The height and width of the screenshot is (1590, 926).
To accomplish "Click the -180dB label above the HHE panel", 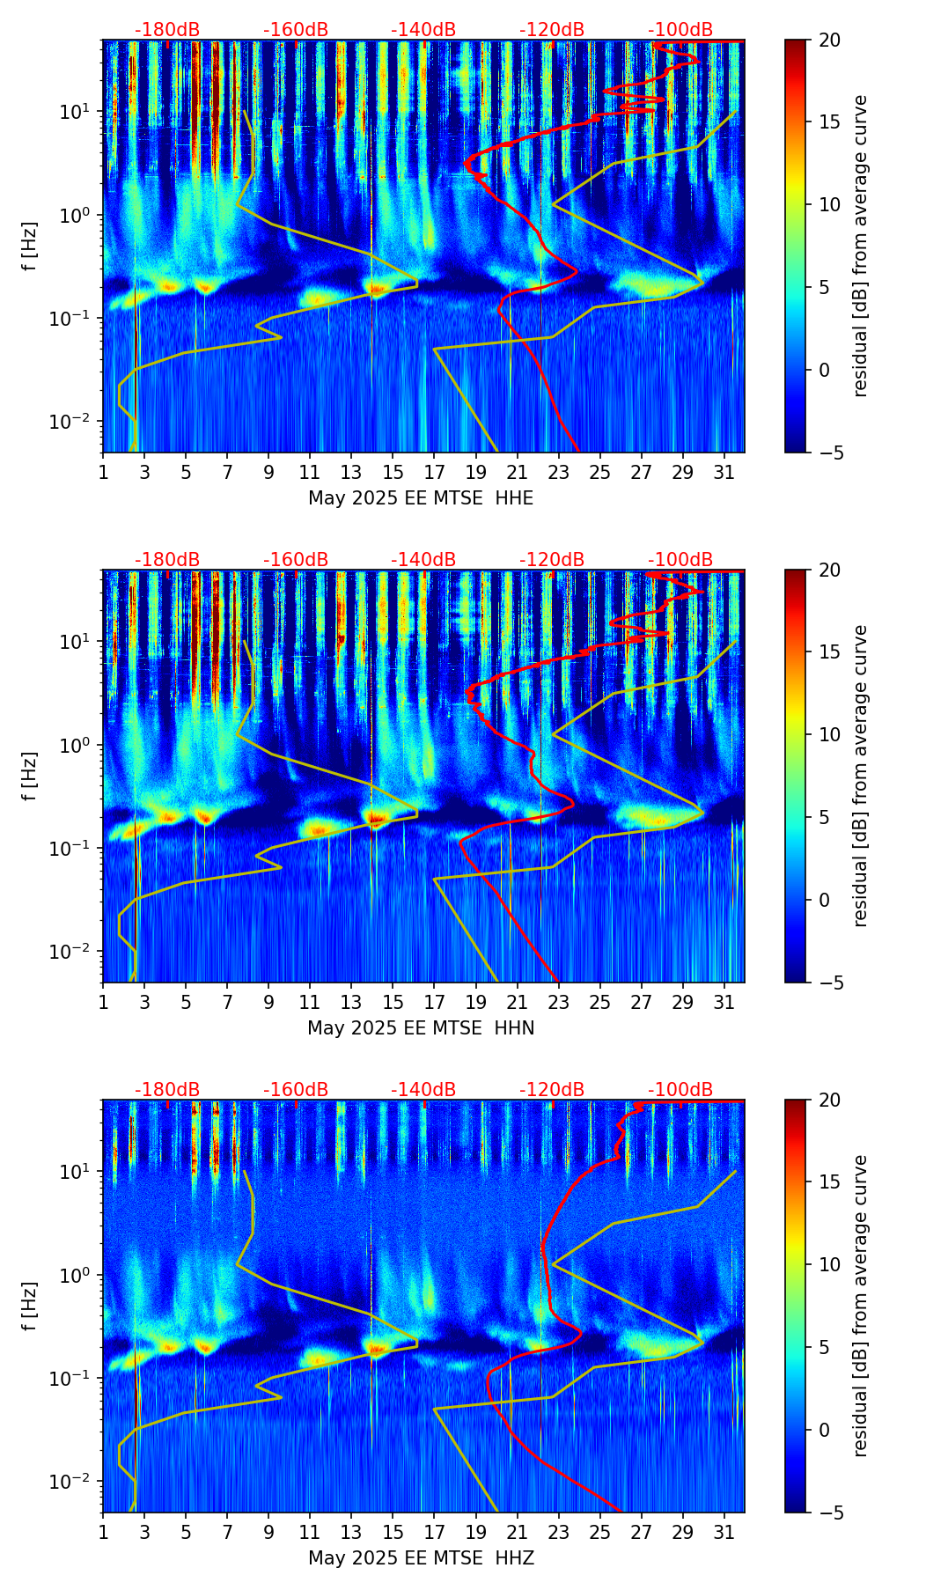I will click(167, 30).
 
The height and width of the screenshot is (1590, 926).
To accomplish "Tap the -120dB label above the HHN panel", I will click(552, 560).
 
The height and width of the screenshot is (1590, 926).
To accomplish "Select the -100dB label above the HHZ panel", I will click(680, 1090).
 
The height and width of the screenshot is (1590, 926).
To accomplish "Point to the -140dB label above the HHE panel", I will click(423, 30).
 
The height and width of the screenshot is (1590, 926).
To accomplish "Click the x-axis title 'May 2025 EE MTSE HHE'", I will click(421, 498).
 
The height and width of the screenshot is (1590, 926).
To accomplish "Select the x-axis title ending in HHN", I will click(421, 1028).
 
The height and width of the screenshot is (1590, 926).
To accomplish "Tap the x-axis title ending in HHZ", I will click(421, 1558).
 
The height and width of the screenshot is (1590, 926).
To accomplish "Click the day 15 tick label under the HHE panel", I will click(393, 473).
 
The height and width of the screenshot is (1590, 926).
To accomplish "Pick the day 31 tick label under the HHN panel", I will click(724, 1003).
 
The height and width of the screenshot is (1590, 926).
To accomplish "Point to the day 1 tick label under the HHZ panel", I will click(103, 1533).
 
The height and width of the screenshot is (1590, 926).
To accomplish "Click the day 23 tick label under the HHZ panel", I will click(558, 1533).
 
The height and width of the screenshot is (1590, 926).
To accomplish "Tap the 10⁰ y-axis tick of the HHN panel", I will click(76, 745).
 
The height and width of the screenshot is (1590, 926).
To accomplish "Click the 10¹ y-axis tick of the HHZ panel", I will click(76, 1172).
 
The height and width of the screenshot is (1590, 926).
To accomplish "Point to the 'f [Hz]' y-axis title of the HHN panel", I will click(31, 776).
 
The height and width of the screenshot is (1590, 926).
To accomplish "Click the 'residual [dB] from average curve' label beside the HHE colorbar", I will click(860, 246).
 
